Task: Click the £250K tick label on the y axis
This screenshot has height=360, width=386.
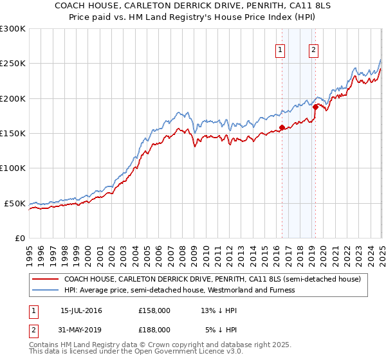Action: click(x=13, y=64)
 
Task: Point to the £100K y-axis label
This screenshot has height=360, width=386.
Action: click(x=13, y=168)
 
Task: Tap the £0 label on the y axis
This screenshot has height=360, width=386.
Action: click(x=19, y=238)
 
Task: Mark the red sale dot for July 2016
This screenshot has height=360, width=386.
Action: click(x=282, y=127)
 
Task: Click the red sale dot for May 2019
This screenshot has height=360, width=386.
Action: click(x=315, y=107)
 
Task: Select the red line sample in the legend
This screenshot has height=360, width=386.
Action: click(x=44, y=280)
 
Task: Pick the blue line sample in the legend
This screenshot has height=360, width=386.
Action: click(x=44, y=290)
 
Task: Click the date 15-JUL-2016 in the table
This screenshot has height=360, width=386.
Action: click(x=80, y=310)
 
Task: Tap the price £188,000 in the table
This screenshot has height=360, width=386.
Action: click(x=154, y=329)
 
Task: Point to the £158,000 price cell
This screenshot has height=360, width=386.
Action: click(x=154, y=310)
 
